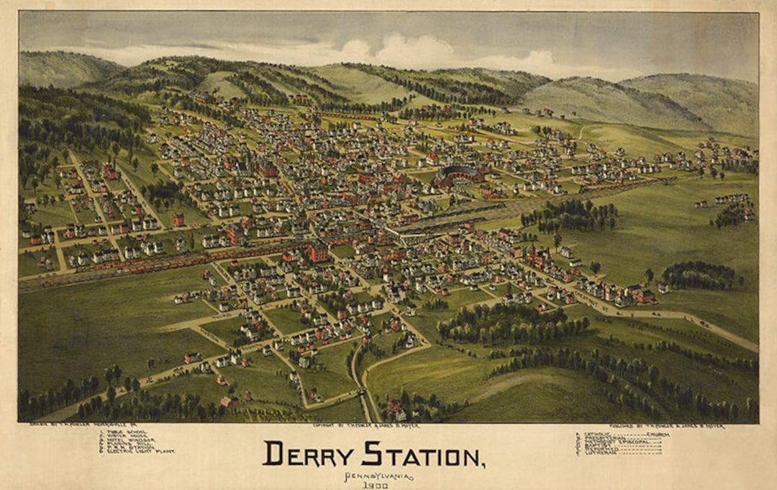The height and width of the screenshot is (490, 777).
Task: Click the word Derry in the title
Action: [x=307, y=454]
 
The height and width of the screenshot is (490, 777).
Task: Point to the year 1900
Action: [x=374, y=486]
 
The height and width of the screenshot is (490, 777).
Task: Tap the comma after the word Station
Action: [x=480, y=463]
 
